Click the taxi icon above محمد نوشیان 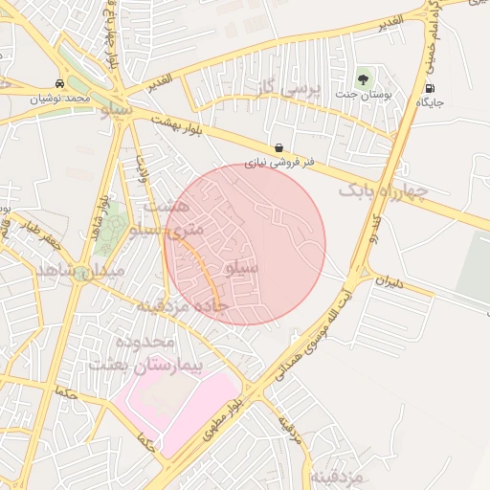pyautogui.click(x=60, y=84)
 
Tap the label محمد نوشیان pyautogui.click(x=59, y=99)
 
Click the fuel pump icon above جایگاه pyautogui.click(x=426, y=89)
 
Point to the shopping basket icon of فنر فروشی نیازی pyautogui.click(x=278, y=148)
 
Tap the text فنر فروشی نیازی pyautogui.click(x=278, y=163)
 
